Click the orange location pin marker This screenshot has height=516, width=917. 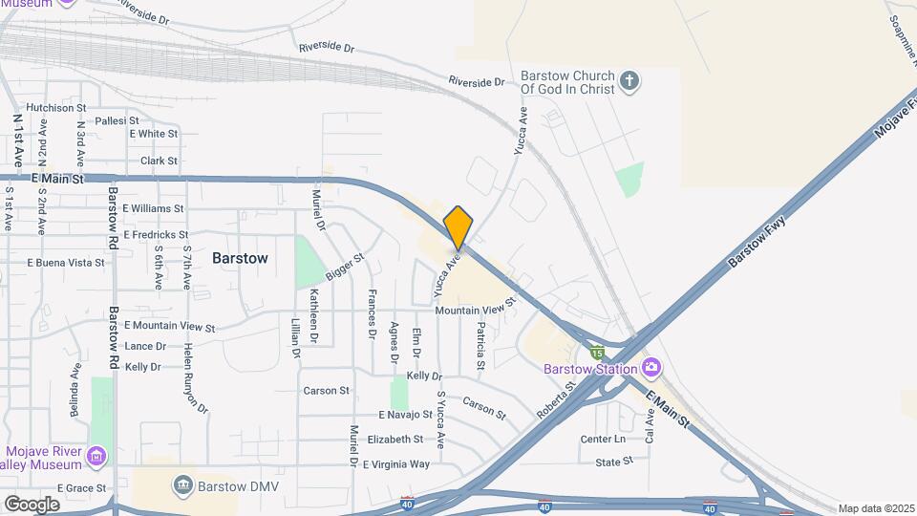point(458,227)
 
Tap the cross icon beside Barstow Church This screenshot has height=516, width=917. point(629,81)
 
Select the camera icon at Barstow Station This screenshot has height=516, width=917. point(651,367)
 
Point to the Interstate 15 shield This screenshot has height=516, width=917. point(596,354)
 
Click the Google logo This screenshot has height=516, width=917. point(32,504)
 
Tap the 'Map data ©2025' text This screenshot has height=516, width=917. point(876,508)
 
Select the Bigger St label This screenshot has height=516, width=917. point(345,268)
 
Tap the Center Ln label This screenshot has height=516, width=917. point(603,440)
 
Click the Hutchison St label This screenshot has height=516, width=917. point(56,108)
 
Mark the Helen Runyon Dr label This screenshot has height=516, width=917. point(196,377)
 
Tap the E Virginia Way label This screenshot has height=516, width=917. point(395,464)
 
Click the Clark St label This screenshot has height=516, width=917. point(159,161)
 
